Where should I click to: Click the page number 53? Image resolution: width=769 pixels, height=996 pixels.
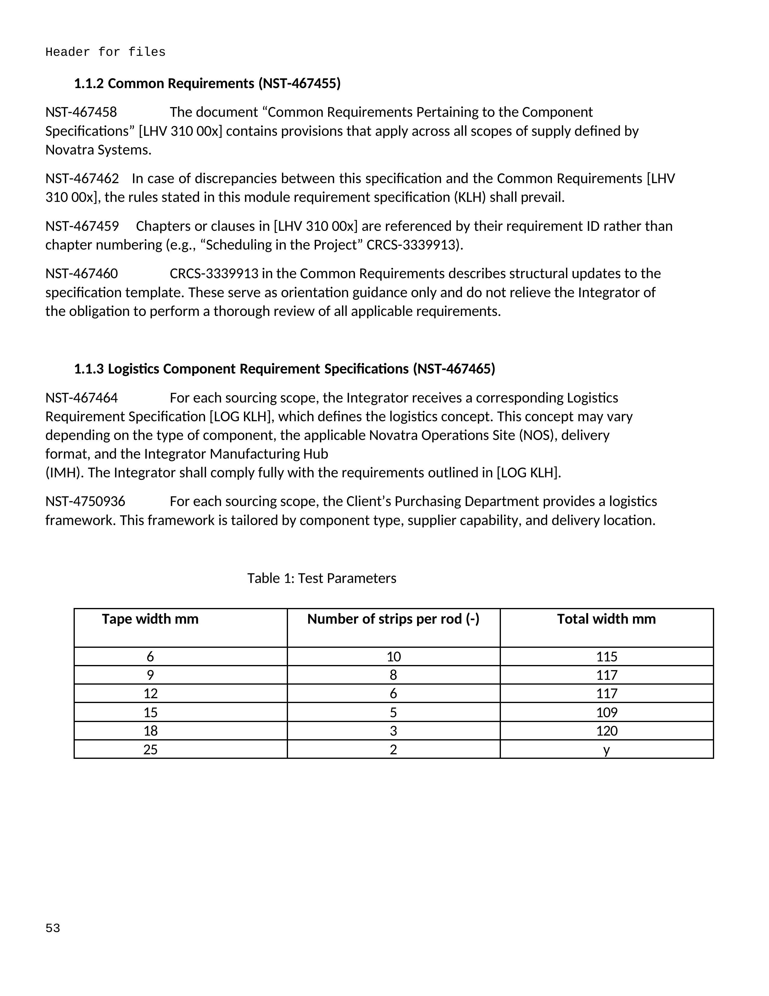53,928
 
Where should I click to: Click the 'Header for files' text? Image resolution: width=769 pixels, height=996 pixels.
105,53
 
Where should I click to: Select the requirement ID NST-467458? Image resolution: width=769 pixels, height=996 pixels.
81,112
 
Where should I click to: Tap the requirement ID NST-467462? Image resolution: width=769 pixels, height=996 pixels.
82,178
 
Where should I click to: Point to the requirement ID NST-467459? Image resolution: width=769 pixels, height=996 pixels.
82,226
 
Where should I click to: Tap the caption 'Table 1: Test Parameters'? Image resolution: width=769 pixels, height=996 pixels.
322,578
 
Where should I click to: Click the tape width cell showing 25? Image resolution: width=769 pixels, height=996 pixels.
150,750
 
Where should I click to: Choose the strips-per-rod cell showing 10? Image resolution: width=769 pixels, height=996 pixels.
393,657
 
